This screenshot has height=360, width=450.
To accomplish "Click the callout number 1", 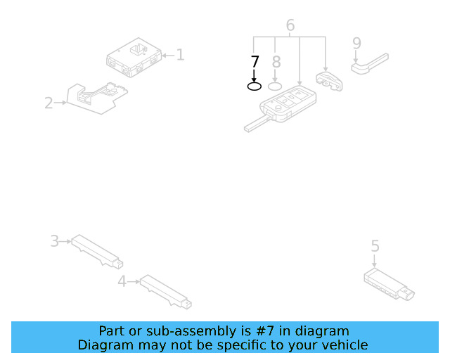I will (x=180, y=54).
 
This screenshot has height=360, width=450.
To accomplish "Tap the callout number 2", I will (x=49, y=103).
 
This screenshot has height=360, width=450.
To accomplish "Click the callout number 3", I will (x=54, y=241).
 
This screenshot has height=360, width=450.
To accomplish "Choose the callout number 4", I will (x=122, y=281).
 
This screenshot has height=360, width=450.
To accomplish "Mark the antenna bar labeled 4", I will (x=165, y=292).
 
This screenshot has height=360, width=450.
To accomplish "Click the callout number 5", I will (x=375, y=245).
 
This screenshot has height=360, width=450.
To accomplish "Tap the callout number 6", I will (x=290, y=26).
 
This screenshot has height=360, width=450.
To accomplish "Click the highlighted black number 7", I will (x=255, y=61).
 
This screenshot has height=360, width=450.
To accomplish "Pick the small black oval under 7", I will (x=255, y=86).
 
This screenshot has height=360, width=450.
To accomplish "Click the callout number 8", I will (x=276, y=62).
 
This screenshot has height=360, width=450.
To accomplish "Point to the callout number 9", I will (x=356, y=44).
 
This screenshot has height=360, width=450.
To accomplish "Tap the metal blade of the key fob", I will (x=255, y=124).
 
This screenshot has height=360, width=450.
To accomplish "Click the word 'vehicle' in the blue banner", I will (x=344, y=345).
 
